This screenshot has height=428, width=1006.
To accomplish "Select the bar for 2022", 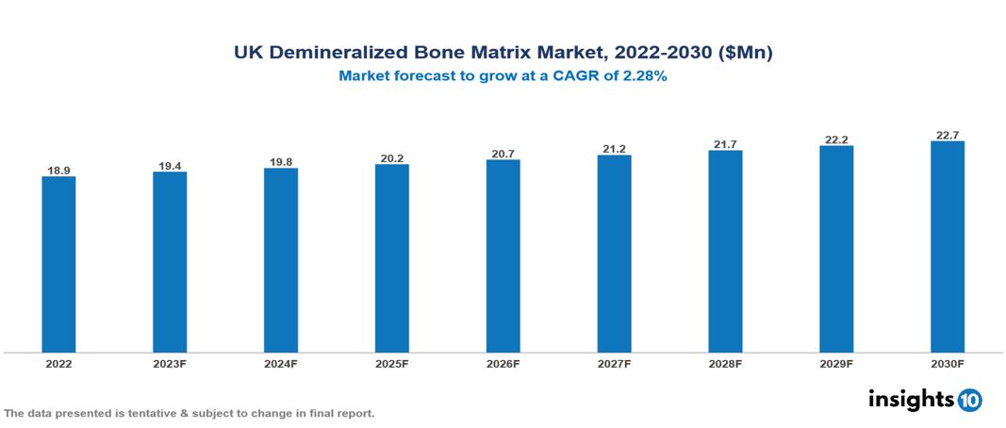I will click(x=58, y=264).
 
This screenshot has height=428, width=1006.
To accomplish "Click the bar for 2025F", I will click(x=391, y=258).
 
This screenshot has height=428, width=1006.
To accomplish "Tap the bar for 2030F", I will click(x=947, y=247).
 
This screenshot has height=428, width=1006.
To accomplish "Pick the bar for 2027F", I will click(x=614, y=254).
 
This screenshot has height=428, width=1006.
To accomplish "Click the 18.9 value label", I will click(x=58, y=171).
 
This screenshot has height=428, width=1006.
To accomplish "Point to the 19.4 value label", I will click(x=170, y=166).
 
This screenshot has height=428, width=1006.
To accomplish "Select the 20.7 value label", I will click(x=503, y=154).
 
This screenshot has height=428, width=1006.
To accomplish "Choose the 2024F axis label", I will click(x=281, y=363).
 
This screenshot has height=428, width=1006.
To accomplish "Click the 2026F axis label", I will click(x=503, y=363).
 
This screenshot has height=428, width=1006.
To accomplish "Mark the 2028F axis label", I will click(x=725, y=363).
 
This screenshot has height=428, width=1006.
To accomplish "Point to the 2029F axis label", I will click(x=835, y=363).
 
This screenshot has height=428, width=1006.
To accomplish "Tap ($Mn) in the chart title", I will click(x=744, y=54).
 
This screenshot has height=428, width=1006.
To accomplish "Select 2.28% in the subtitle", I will click(x=645, y=77).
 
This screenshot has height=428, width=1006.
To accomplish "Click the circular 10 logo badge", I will click(x=969, y=401).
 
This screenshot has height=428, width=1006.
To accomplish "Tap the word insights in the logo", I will click(x=911, y=400).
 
